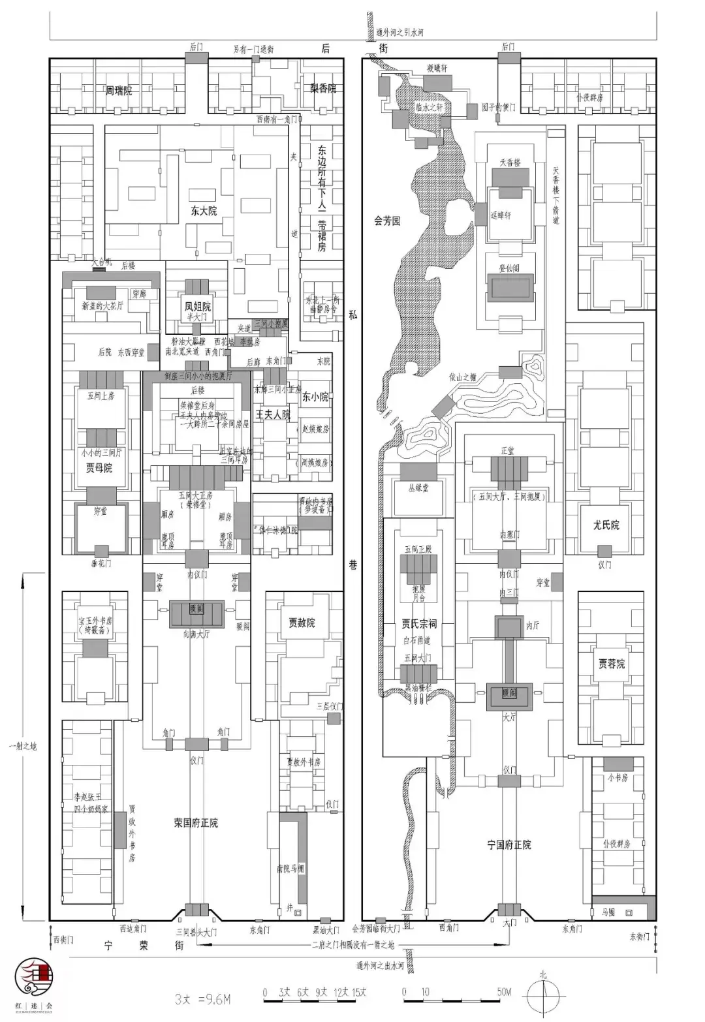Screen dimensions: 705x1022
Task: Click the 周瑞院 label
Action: point(119,91)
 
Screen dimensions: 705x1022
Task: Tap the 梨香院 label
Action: point(323,88)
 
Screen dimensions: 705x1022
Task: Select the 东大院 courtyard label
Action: point(204,211)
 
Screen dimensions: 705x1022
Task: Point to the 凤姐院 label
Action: point(197,306)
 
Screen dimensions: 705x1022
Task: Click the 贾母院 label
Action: point(99,468)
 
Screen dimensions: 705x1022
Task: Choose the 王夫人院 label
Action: point(272,415)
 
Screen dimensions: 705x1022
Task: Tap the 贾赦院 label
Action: point(302,623)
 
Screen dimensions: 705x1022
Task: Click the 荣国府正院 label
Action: point(196,823)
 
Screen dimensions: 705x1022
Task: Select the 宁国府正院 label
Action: point(509,844)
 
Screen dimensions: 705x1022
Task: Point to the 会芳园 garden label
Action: point(387,221)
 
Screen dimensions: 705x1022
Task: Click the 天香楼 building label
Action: point(510,161)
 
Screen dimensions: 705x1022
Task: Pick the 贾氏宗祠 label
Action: point(419,624)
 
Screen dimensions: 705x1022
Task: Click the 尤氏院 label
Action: point(606,525)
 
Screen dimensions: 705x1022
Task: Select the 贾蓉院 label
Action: point(612,663)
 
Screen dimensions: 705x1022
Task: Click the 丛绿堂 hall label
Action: point(418,488)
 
